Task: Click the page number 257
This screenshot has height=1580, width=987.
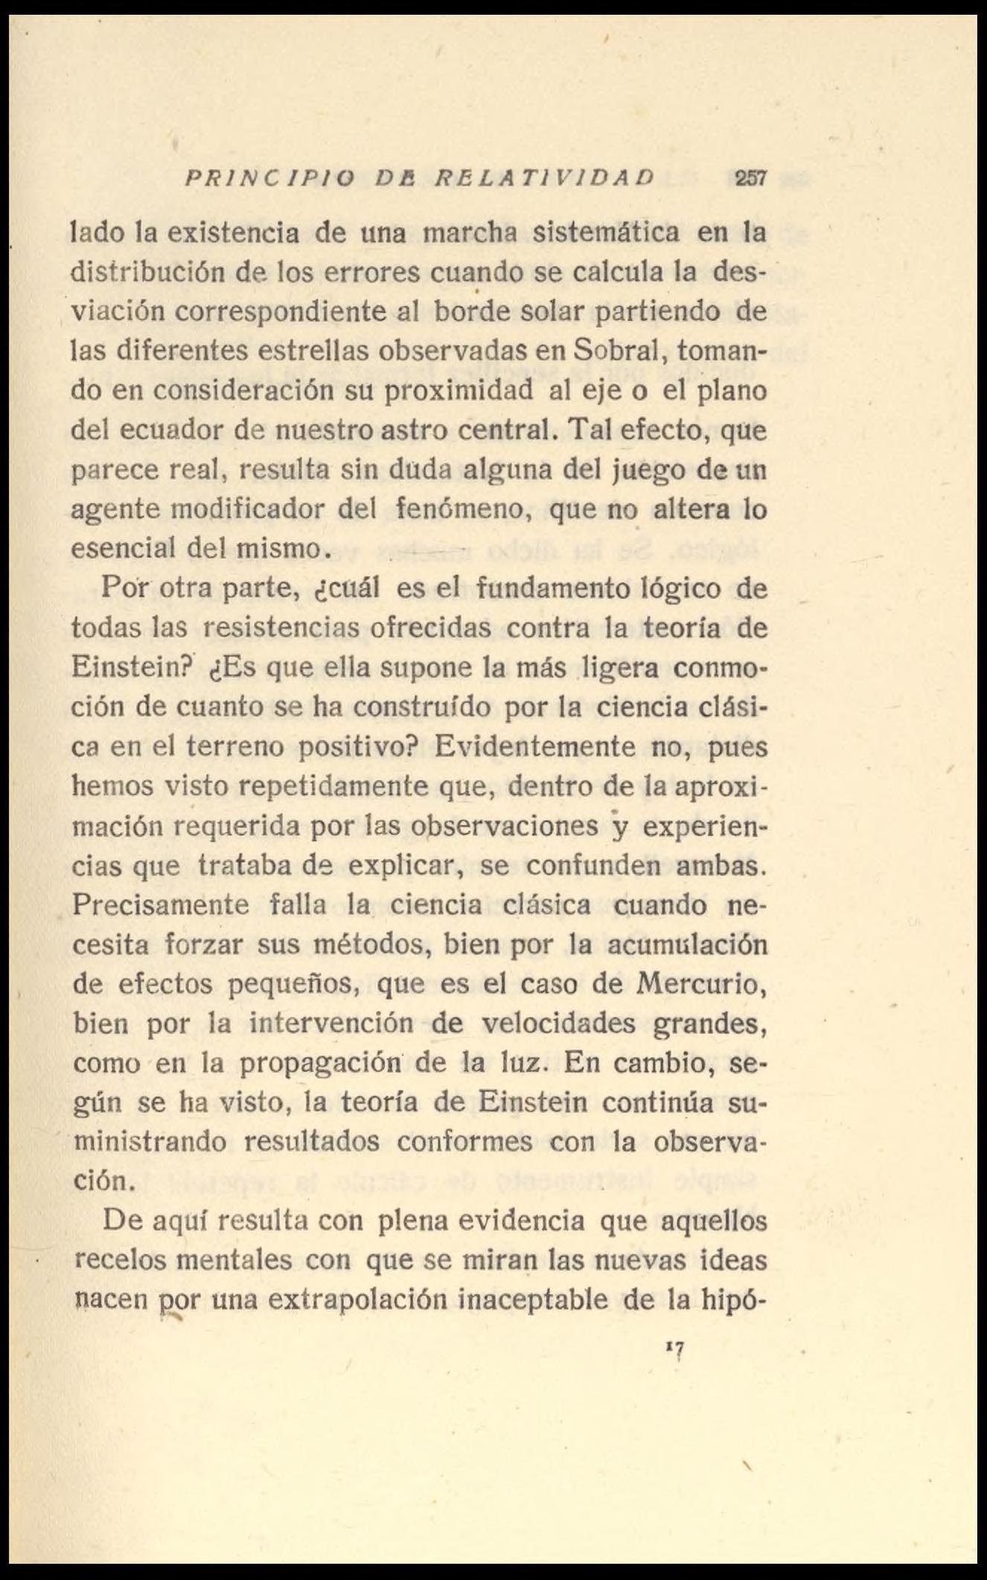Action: pyautogui.click(x=750, y=178)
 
